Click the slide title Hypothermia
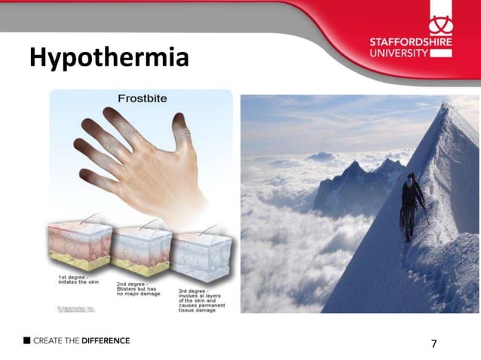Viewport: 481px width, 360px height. [x=109, y=57]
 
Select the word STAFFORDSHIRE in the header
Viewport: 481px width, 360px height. [x=412, y=42]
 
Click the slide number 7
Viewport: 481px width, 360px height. [x=434, y=344]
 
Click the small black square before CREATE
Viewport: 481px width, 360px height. [x=26, y=340]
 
